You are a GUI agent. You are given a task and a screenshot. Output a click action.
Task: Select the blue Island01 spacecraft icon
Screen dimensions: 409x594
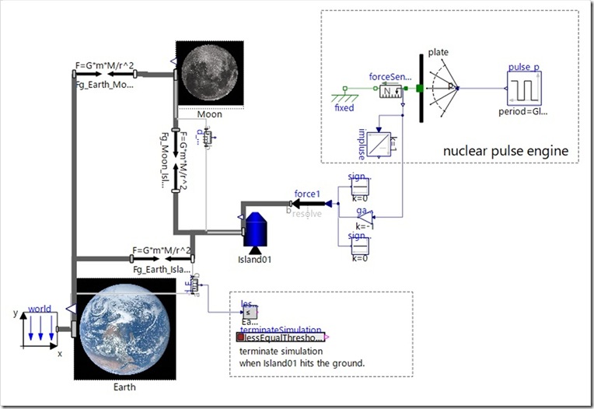(256, 230)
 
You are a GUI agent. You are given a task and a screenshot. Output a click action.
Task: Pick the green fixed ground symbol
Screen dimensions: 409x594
(344, 96)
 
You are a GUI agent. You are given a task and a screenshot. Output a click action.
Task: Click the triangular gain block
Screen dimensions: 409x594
(364, 219)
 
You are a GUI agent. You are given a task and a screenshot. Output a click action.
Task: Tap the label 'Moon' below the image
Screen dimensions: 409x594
(209, 114)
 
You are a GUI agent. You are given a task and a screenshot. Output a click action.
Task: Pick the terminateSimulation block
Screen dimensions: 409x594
(281, 337)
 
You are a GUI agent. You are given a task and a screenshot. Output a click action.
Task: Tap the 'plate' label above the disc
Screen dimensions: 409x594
(439, 53)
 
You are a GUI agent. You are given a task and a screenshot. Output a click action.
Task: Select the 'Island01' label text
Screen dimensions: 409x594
(255, 259)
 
